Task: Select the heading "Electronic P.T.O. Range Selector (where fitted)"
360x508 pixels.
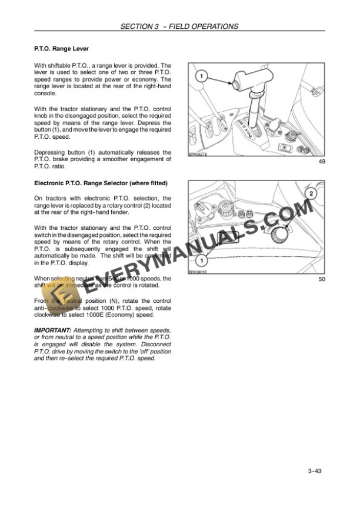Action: (101, 183)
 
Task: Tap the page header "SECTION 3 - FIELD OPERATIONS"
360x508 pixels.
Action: (179, 26)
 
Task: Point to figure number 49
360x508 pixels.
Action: (321, 162)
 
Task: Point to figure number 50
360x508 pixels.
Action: (321, 279)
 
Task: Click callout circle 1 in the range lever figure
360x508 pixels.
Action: (201, 76)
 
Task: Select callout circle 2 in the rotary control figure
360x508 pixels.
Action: (311, 193)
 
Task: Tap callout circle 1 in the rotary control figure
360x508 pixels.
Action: (202, 260)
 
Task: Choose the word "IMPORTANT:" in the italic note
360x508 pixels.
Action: (52, 331)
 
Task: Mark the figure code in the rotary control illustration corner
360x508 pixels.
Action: (198, 272)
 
